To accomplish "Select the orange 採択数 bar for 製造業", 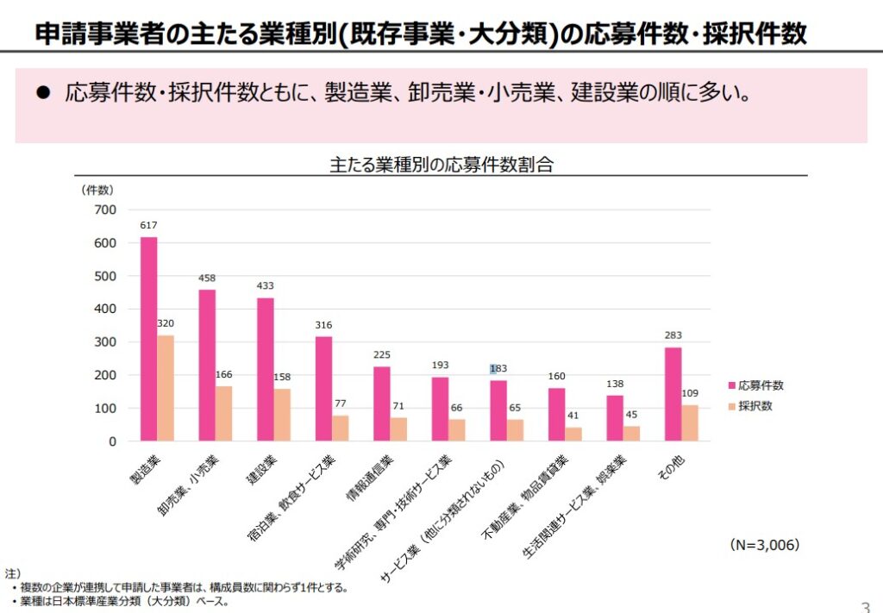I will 166,388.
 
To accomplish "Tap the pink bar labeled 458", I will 207,366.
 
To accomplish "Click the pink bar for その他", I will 673,394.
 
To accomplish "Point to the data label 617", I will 149,226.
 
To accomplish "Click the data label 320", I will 166,324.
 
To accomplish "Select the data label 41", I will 573,416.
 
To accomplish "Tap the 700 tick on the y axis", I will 104,210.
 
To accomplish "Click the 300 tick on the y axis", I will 104,342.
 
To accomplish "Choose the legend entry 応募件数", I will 755,386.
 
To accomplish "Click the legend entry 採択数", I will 749,406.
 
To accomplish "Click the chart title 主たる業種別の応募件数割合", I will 441,165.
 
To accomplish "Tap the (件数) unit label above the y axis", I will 97,189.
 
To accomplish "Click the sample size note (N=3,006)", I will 764,545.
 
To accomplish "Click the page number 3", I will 866,604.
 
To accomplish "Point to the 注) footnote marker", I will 12,573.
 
